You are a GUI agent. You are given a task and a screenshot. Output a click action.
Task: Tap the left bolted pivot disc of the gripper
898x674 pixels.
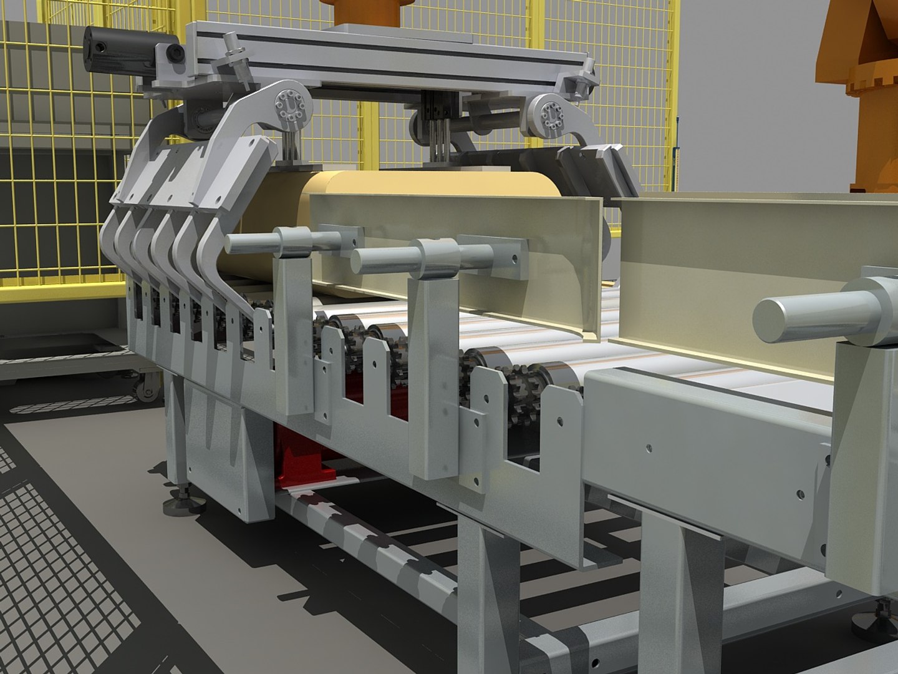point(287,102)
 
